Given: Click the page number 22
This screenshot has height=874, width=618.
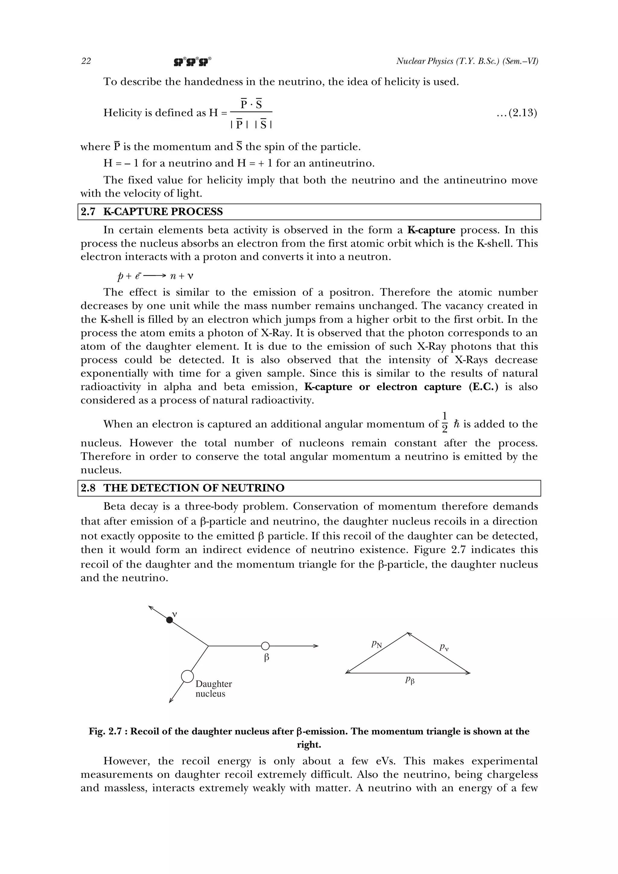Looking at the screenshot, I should point(86,61).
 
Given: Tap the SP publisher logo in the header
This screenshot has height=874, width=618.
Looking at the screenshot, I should point(192,62).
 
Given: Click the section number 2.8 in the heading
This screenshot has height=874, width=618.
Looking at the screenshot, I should point(88,488).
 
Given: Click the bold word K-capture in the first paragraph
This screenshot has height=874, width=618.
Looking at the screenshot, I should point(431,230).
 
